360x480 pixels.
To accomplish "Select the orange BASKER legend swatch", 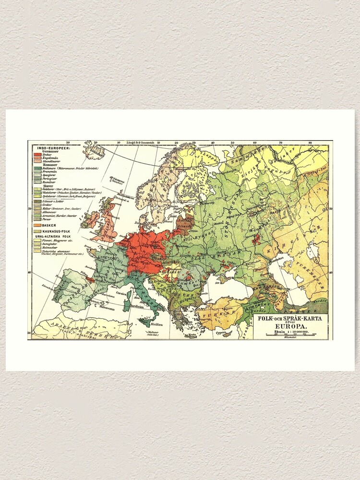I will (36, 225).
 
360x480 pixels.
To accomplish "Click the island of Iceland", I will (94, 151).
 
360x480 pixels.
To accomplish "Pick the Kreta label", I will (192, 335).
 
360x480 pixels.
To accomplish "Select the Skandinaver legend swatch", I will (36, 163).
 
